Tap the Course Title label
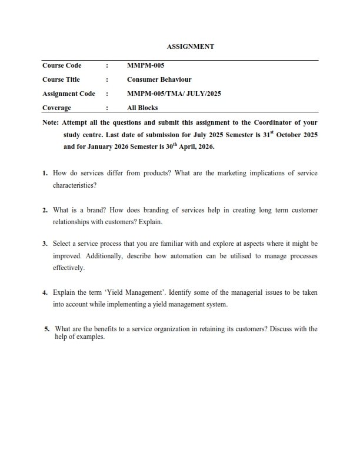tap(61, 79)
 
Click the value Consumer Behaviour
tap(159, 79)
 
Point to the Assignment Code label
tap(69, 94)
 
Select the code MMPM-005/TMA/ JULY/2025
tap(174, 94)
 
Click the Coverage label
tap(56, 108)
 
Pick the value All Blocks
tap(142, 108)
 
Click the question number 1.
tap(45, 174)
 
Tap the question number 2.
tap(45, 210)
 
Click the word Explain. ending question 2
tap(151, 222)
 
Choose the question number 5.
tap(46, 329)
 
